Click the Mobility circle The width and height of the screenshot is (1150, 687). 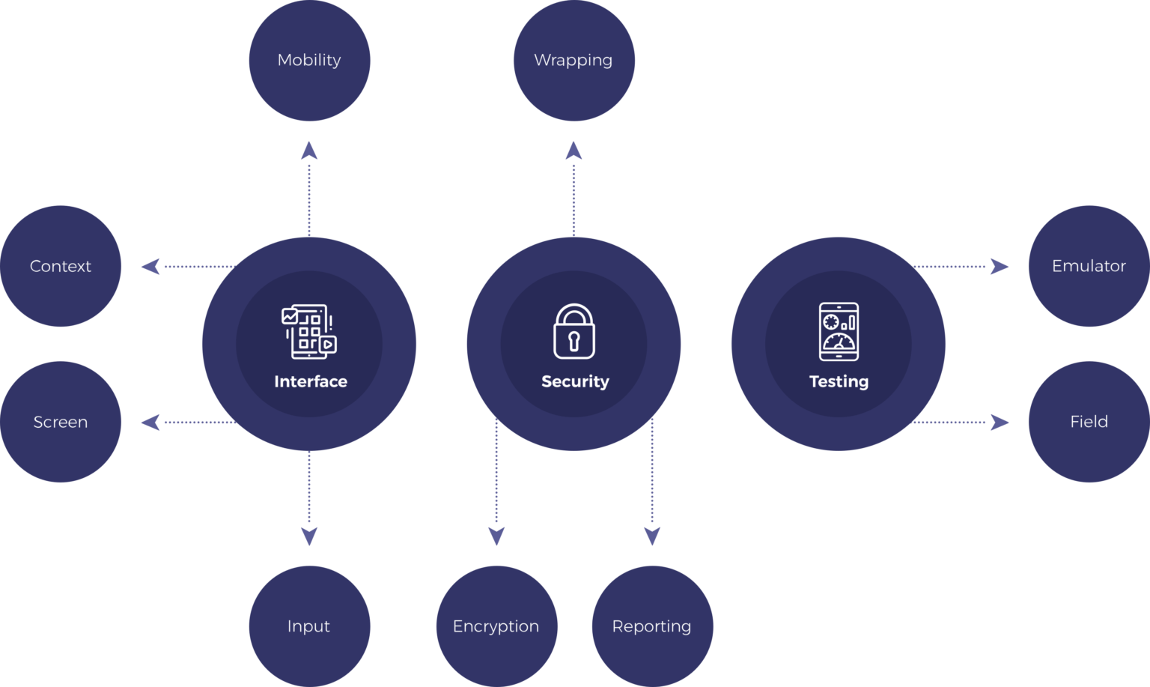pos(309,60)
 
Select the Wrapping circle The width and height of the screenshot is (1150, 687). pos(574,60)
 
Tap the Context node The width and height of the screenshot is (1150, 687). pos(61,266)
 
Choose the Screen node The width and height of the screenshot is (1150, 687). pos(61,422)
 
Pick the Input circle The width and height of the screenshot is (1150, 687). pos(309,626)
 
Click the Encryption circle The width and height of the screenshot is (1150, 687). pos(496,626)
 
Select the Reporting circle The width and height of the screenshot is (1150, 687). pos(652,626)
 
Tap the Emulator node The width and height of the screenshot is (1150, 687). pos(1089,266)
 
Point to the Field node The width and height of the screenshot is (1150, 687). pos(1089,422)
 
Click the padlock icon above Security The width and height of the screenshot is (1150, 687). pos(574,332)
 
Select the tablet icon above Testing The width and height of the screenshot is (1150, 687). pos(839,331)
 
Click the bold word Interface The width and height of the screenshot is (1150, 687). pos(311,381)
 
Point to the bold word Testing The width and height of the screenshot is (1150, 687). pos(839,381)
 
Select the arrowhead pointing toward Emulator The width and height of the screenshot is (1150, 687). pos(1000,266)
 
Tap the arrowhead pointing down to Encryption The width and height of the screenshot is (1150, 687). pos(496,536)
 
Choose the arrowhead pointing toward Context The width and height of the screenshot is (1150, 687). pos(150,266)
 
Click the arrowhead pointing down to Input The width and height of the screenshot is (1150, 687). pos(309,536)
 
